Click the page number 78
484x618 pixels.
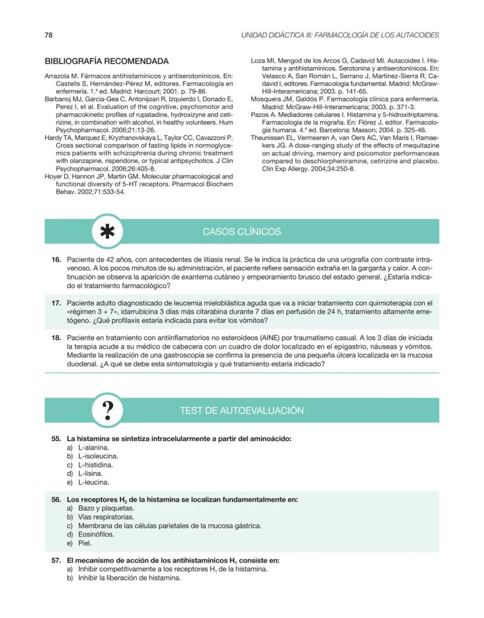pyautogui.click(x=49, y=35)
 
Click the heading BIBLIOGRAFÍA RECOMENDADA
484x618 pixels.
pyautogui.click(x=106, y=61)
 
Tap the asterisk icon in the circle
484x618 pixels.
pyautogui.click(x=108, y=232)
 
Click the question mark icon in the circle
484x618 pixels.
pyautogui.click(x=108, y=411)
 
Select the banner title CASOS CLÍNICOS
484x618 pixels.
pyautogui.click(x=241, y=232)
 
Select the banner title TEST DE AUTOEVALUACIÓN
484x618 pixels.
pyautogui.click(x=241, y=411)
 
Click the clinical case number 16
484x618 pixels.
pyautogui.click(x=57, y=259)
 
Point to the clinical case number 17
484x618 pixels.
pyautogui.click(x=57, y=303)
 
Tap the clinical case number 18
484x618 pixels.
pyautogui.click(x=57, y=338)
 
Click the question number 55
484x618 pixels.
pyautogui.click(x=57, y=438)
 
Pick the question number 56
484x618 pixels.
pyautogui.click(x=57, y=499)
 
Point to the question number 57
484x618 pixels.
pyautogui.click(x=57, y=560)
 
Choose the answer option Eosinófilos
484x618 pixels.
pyautogui.click(x=96, y=534)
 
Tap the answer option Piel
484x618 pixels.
pyautogui.click(x=84, y=543)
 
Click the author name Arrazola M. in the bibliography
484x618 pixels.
pyautogui.click(x=62, y=76)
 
